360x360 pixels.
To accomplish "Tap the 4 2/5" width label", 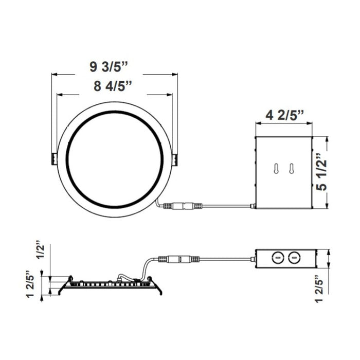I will tap(284, 115).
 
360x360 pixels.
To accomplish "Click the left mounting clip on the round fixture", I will tap(53, 158).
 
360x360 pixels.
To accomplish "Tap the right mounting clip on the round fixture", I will tap(176, 159).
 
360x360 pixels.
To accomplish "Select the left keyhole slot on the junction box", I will tap(277, 169).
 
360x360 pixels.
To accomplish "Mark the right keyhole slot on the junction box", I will tap(291, 169).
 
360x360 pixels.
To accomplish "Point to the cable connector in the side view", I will tap(178, 259).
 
